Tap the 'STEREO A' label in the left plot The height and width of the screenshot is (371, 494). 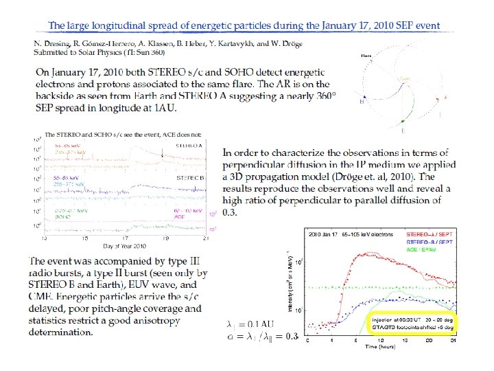(189, 146)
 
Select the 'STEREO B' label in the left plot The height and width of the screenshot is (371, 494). (189, 177)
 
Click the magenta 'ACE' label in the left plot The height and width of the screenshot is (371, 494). (180, 216)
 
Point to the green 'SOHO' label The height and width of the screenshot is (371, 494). (63, 216)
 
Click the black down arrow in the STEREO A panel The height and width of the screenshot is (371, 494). (162, 155)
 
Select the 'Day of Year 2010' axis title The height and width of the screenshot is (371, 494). (125, 245)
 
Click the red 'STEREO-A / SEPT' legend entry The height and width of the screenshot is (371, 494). (434, 234)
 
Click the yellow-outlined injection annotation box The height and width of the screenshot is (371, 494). (416, 323)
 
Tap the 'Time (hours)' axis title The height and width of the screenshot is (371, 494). (383, 347)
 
